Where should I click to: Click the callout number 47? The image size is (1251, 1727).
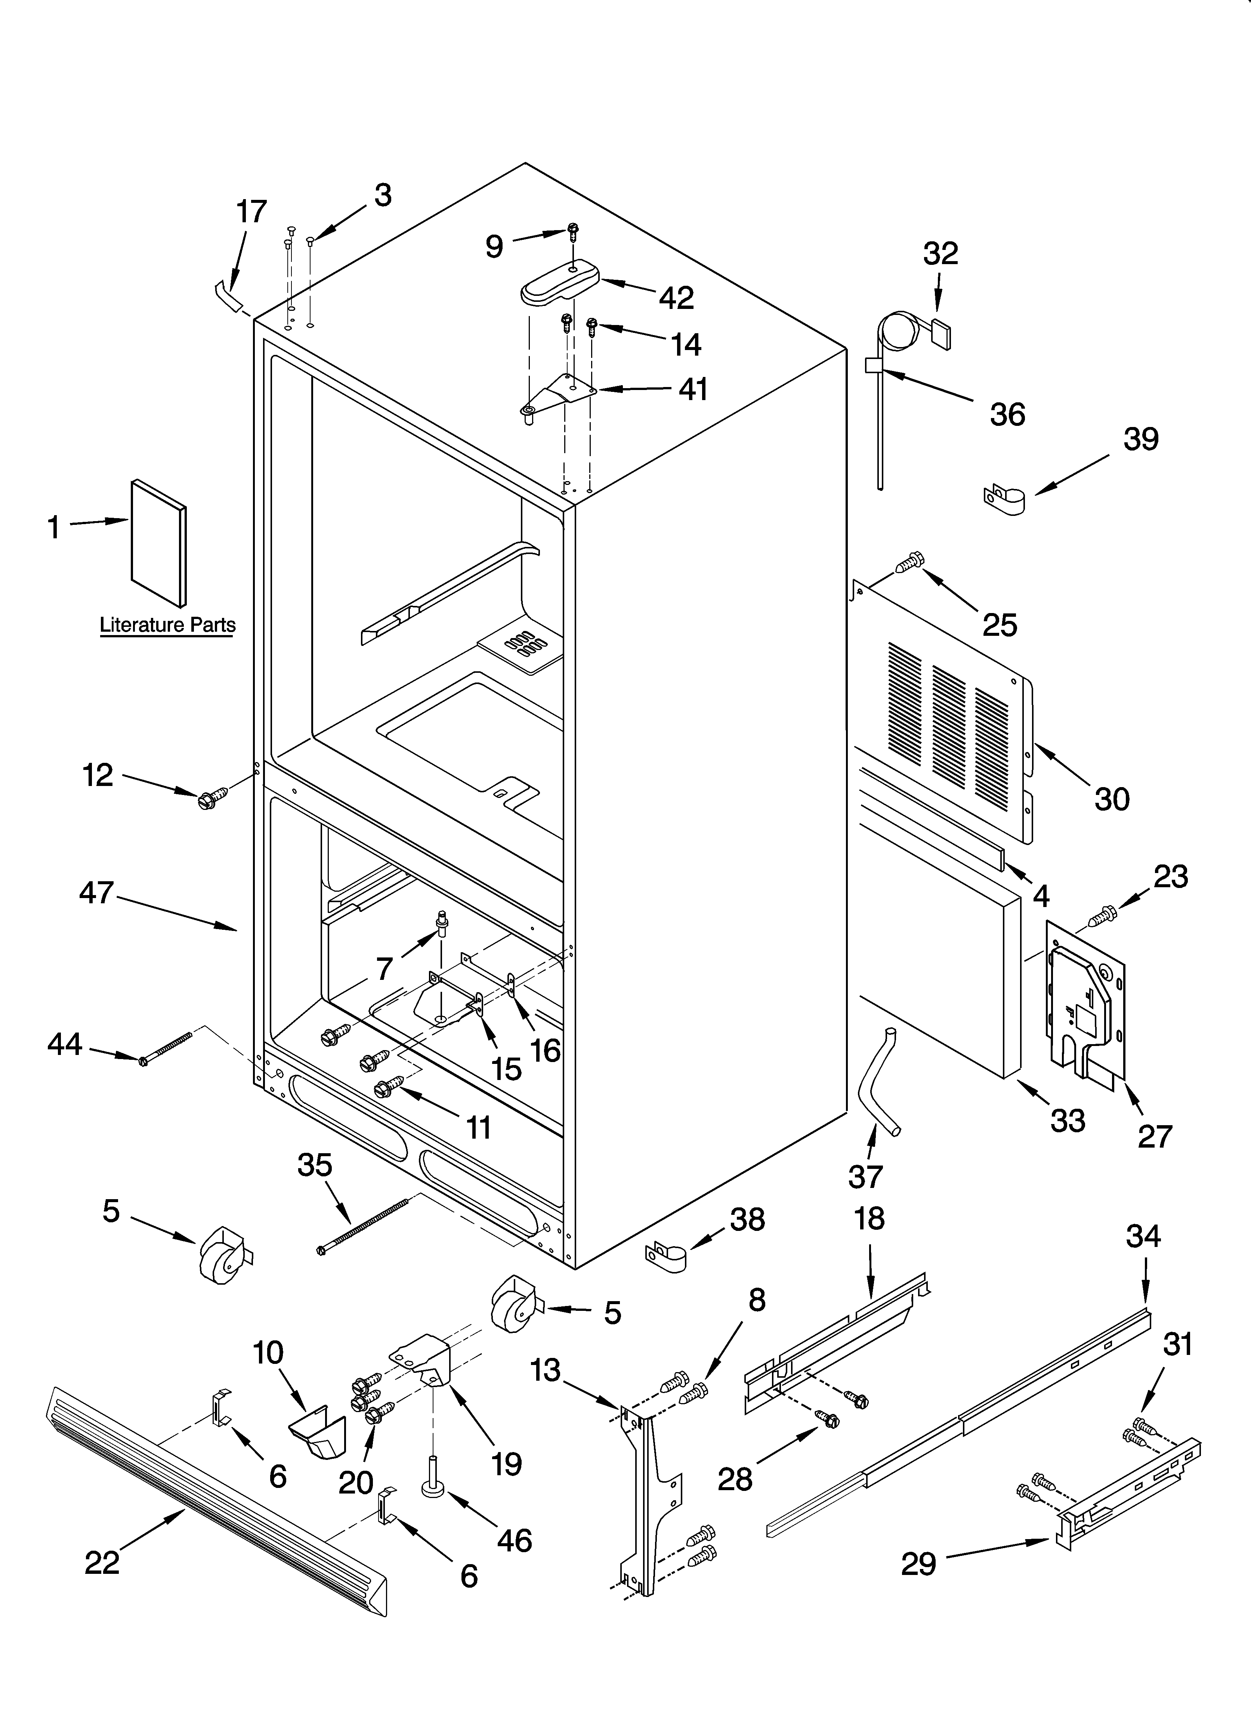point(97,892)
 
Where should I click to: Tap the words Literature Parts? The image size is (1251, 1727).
point(168,625)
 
